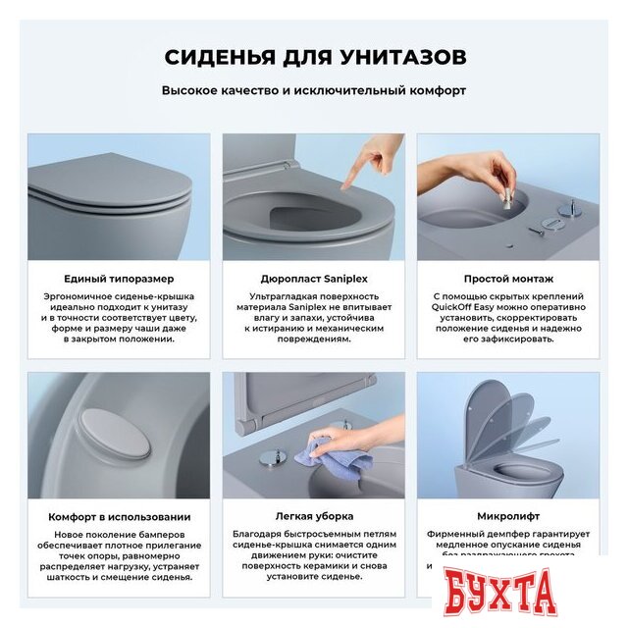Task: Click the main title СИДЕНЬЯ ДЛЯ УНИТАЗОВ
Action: tap(314, 56)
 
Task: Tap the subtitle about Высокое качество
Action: tap(314, 90)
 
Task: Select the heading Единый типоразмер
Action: tap(120, 279)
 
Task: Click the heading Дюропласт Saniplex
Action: tap(313, 279)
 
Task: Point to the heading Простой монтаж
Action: tap(507, 279)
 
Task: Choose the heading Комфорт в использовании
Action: tap(120, 516)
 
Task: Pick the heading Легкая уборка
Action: tap(313, 516)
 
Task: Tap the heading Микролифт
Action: tap(507, 516)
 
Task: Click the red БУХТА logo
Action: tap(510, 595)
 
